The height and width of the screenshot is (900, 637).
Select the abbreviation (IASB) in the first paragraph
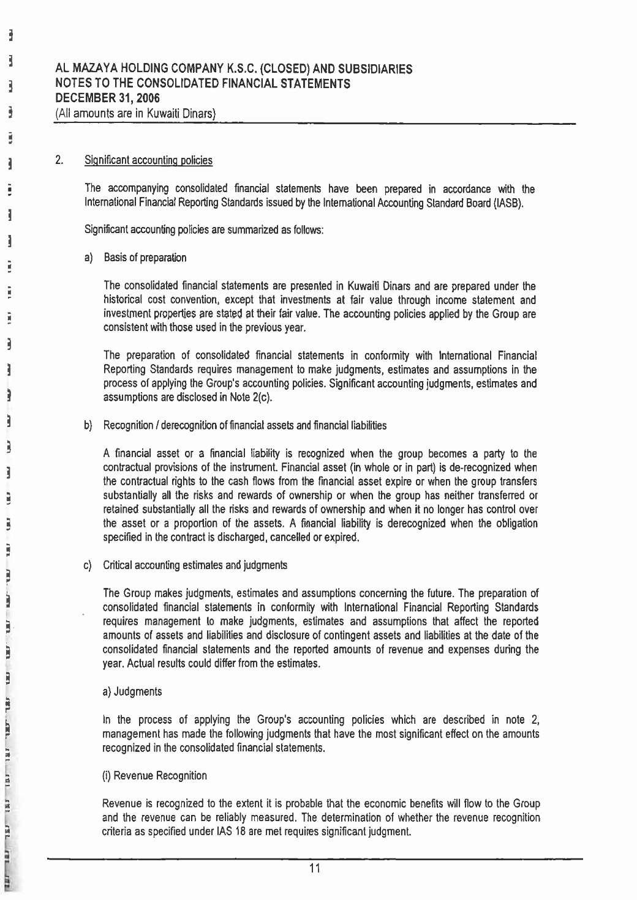point(508,204)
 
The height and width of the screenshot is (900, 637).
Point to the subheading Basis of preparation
point(145,258)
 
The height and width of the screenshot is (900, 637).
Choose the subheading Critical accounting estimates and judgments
point(195,566)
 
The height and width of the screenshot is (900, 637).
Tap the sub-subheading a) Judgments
point(133,692)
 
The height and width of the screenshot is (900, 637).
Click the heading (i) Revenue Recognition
point(154,776)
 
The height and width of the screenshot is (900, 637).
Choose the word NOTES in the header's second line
point(72,84)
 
